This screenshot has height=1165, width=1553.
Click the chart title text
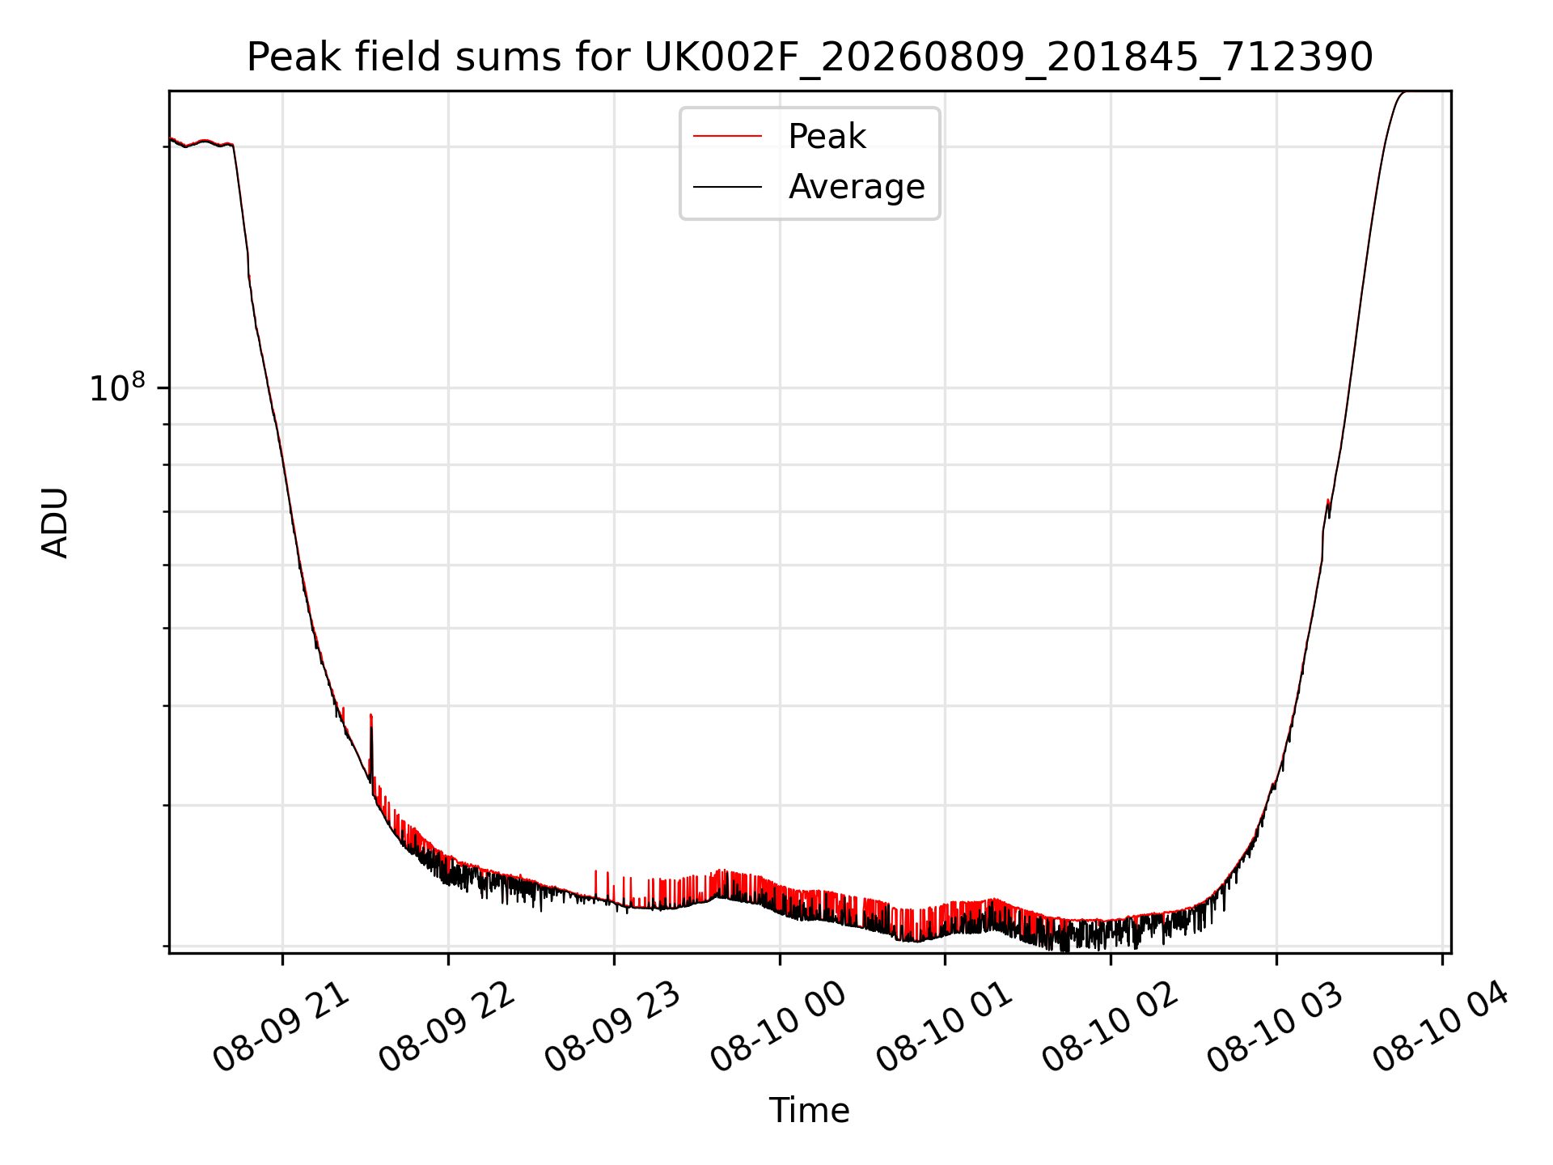coord(810,57)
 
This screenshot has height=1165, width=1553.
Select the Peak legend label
coord(827,137)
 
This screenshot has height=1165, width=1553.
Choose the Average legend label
coord(857,187)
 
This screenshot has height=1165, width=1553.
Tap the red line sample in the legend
coord(727,137)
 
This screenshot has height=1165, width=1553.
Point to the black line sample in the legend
coord(727,187)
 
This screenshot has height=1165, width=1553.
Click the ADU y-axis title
coord(55,523)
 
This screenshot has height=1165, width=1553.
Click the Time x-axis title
coord(810,1111)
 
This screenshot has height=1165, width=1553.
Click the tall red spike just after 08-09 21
coord(371,744)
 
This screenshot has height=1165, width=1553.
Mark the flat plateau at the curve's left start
coord(201,143)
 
